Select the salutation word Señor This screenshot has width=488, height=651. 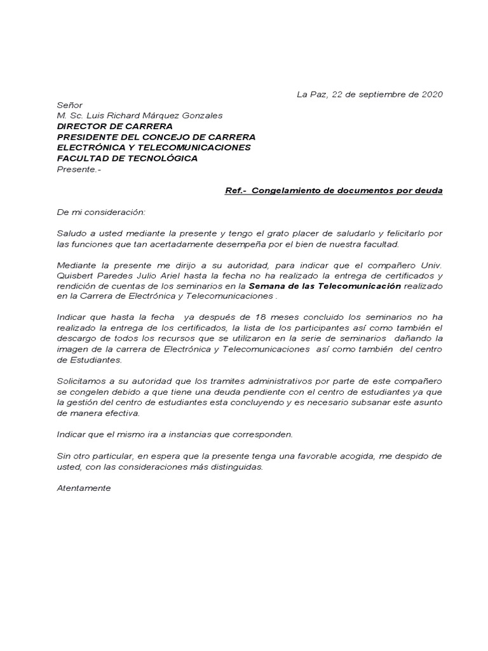pos(70,105)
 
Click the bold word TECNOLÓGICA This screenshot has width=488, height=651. pos(164,158)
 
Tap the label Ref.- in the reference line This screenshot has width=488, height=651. pos(236,191)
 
